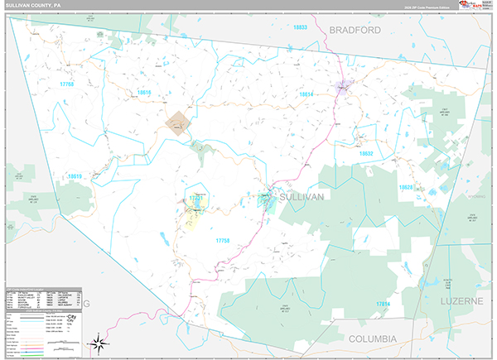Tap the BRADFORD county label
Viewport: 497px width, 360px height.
[355, 30]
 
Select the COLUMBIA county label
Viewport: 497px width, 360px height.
[373, 339]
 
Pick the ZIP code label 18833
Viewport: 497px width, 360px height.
[300, 27]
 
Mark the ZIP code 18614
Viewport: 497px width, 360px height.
[306, 94]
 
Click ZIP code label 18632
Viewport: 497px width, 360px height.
[367, 154]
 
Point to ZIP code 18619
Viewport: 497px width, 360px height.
[75, 176]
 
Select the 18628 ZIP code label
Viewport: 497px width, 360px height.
[406, 187]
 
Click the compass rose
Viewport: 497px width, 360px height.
[98, 341]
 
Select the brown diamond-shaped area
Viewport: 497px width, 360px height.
[176, 122]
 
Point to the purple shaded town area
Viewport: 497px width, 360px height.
[342, 86]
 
